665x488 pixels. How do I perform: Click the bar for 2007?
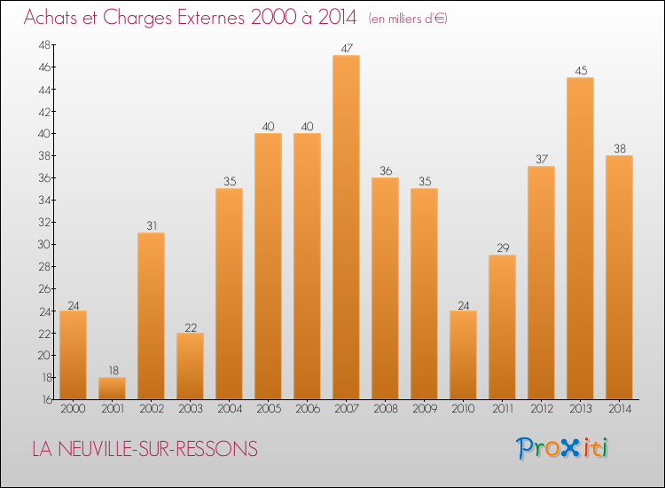(x=346, y=226)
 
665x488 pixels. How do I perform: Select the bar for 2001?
(x=112, y=388)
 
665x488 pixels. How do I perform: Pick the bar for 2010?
(x=463, y=354)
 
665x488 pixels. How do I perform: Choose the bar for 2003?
(x=190, y=366)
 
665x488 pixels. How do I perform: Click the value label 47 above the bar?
(x=346, y=49)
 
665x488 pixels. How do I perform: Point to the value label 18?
(x=112, y=371)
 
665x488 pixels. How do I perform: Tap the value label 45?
(x=580, y=71)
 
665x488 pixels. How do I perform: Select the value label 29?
(x=502, y=248)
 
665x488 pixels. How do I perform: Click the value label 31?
(x=151, y=226)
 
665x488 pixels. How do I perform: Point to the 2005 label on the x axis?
(x=268, y=409)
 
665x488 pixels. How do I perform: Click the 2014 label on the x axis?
(x=619, y=409)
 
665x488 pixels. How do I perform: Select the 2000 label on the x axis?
(x=73, y=409)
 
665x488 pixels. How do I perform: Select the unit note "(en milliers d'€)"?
(x=408, y=19)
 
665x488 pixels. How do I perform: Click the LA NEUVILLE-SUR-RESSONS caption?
(x=145, y=450)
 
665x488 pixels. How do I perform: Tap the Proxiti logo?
(x=563, y=448)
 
